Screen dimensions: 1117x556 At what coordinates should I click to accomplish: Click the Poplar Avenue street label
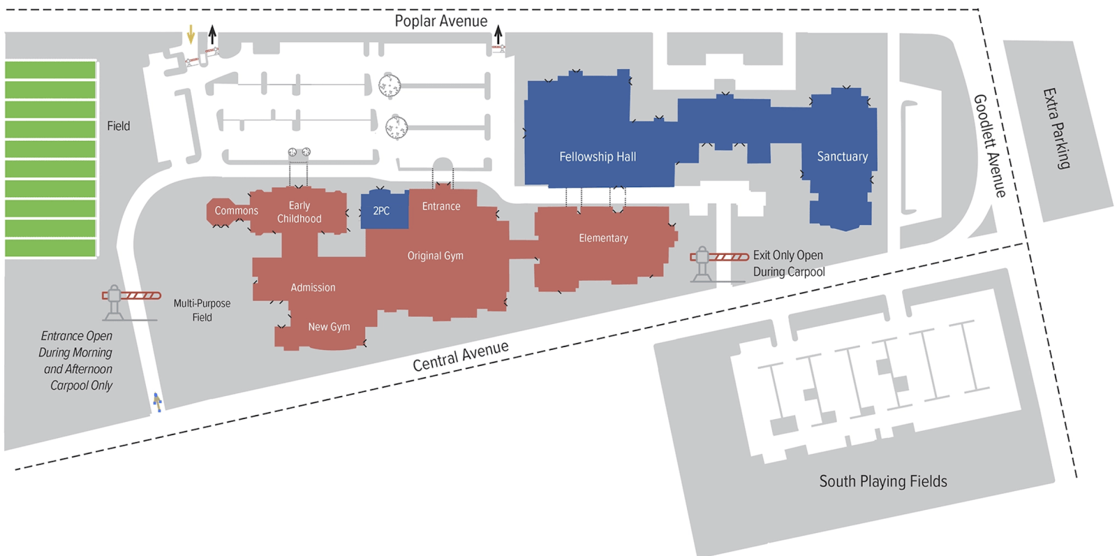[441, 21]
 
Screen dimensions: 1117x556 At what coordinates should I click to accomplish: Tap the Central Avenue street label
[460, 356]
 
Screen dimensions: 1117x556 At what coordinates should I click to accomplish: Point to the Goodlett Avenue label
[990, 145]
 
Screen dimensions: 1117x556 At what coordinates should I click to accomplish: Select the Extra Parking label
[1056, 128]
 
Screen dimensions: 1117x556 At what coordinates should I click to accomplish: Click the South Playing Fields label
[882, 481]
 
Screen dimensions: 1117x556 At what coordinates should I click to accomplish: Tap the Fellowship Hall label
[597, 157]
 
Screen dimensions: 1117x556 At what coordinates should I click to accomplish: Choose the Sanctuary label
[842, 156]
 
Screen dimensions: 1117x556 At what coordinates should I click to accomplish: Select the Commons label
[236, 210]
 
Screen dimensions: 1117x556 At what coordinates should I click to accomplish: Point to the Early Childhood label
[299, 212]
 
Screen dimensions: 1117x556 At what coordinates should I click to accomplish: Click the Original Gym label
[435, 256]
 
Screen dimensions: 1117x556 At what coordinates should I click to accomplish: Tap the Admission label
[313, 287]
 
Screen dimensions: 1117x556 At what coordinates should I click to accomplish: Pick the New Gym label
[329, 326]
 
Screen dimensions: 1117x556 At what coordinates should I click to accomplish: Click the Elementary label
[603, 238]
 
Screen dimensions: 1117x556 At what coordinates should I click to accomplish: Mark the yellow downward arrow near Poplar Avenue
[191, 34]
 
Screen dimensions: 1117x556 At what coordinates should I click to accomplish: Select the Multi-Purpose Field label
[202, 310]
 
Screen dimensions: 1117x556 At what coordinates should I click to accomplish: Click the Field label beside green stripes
[118, 126]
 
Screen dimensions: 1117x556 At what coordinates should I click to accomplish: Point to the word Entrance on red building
[441, 206]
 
